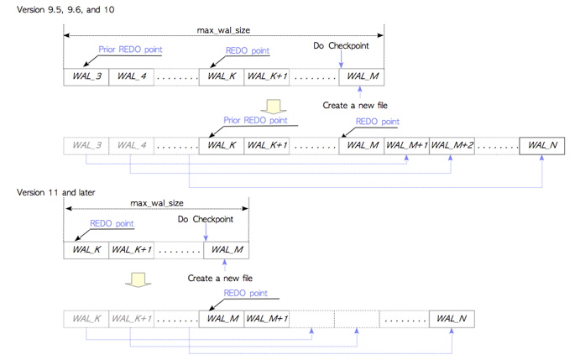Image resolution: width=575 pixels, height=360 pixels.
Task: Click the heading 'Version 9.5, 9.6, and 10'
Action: pyautogui.click(x=65, y=9)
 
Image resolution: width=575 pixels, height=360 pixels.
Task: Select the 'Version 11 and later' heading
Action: pyautogui.click(x=55, y=192)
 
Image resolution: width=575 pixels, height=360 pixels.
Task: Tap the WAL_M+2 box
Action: pyautogui.click(x=452, y=145)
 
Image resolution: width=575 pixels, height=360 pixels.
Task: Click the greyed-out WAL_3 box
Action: pyautogui.click(x=86, y=145)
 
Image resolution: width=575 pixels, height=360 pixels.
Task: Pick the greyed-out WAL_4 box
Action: pyautogui.click(x=131, y=145)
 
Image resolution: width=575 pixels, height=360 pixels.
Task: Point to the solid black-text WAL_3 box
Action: pyautogui.click(x=86, y=77)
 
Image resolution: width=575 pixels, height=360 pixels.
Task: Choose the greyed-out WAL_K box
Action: pyautogui.click(x=86, y=319)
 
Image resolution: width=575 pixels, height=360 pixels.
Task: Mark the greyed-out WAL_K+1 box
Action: pyautogui.click(x=131, y=319)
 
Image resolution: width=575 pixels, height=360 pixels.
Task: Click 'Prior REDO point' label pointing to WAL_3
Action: pyautogui.click(x=130, y=50)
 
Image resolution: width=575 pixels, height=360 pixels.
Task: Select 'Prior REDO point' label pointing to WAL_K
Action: pyautogui.click(x=255, y=120)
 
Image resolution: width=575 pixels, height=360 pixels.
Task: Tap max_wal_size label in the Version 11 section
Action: pyautogui.click(x=157, y=203)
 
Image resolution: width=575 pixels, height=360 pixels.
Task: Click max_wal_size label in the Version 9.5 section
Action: pyautogui.click(x=223, y=30)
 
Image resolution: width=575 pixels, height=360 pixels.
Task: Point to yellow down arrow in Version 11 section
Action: pyautogui.click(x=139, y=279)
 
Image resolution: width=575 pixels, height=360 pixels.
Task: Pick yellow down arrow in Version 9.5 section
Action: pyautogui.click(x=274, y=107)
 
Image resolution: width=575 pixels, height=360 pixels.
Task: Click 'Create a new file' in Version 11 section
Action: pyautogui.click(x=220, y=279)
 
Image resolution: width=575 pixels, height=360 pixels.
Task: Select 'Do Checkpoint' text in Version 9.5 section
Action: pyautogui.click(x=341, y=46)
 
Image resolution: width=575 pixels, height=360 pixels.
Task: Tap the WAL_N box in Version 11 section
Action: pyautogui.click(x=452, y=319)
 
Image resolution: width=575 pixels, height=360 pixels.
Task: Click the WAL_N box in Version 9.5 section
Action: pyautogui.click(x=542, y=145)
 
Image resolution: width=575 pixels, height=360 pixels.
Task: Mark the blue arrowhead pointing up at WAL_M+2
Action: pyautogui.click(x=450, y=158)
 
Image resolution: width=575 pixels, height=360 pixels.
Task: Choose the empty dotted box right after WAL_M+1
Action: pyautogui.click(x=311, y=319)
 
